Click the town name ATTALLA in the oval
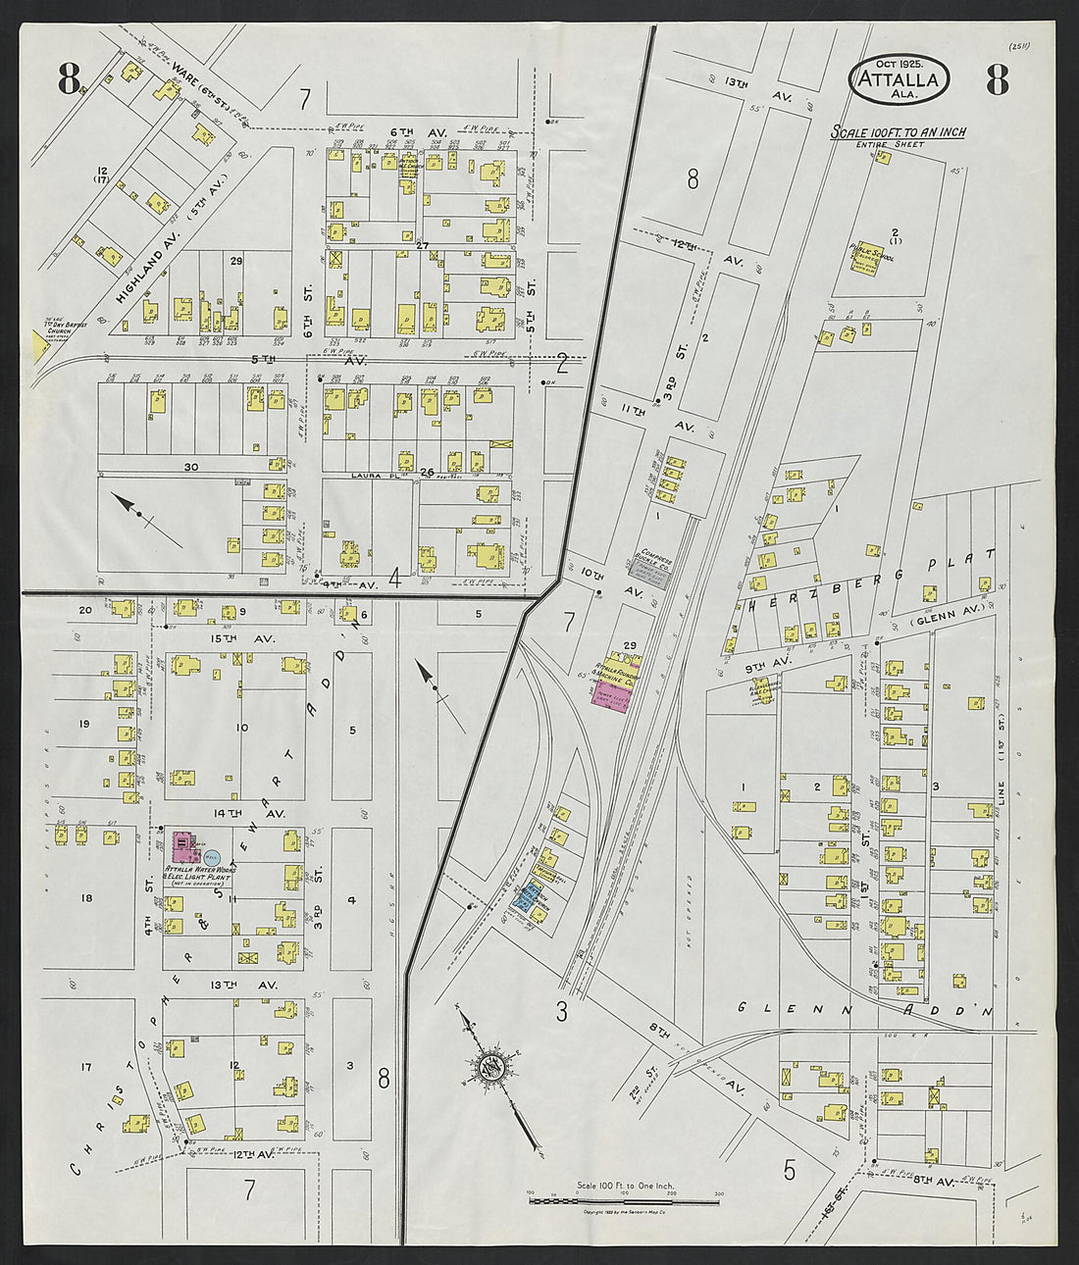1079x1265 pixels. (899, 80)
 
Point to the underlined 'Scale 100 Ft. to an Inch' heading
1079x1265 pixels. (898, 132)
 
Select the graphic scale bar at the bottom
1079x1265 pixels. (623, 1198)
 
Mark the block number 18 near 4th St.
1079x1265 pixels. (86, 898)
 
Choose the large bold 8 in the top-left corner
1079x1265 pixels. (68, 78)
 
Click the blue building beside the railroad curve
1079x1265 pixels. (531, 900)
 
